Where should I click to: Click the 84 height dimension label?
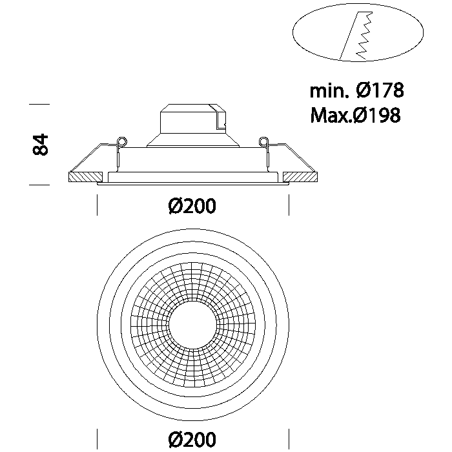[40, 145]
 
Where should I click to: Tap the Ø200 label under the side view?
[192, 206]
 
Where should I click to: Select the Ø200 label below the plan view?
[192, 439]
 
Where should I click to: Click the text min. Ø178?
[356, 90]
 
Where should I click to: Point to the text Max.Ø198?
[355, 115]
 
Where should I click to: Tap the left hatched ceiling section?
[86, 177]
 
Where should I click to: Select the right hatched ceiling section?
[300, 177]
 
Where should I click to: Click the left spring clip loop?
[122, 141]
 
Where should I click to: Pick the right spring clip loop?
[263, 141]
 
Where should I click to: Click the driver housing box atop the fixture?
[193, 119]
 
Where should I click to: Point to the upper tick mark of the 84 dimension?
[39, 104]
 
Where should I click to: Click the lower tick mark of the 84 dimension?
[39, 185]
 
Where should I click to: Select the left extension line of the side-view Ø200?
[97, 205]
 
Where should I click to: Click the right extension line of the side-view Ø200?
[289, 205]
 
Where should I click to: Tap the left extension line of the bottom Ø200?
[97, 438]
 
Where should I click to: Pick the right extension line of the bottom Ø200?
[289, 438]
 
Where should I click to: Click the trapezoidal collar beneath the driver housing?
[193, 140]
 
